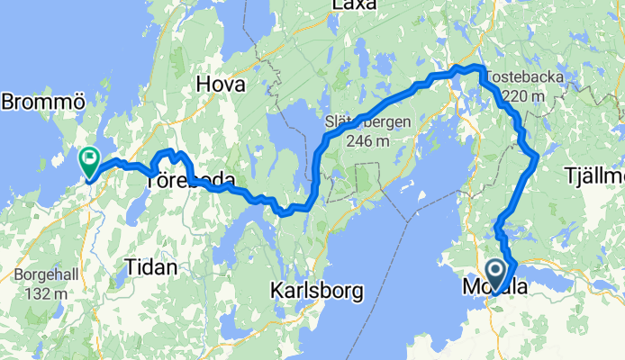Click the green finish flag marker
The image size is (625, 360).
(x=90, y=161)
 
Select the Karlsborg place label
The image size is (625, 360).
(x=316, y=291)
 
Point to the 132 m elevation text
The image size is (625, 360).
(x=51, y=292)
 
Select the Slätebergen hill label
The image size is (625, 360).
(x=368, y=122)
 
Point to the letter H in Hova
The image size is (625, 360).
(x=204, y=85)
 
